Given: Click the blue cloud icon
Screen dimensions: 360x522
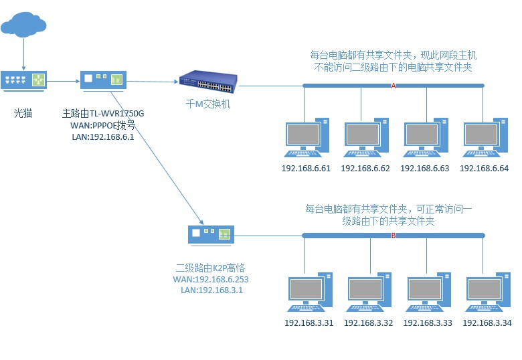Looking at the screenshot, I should (24, 24).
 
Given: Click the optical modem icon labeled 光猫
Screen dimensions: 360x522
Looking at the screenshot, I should (24, 80).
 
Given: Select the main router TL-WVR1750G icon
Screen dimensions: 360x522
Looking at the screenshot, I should (103, 80).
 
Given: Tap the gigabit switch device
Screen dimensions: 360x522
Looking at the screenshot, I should (207, 82).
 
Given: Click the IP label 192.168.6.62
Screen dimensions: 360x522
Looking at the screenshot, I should (365, 168).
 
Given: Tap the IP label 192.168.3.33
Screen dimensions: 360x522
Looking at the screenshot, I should (428, 323).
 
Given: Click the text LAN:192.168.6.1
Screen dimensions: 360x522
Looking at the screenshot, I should (103, 137).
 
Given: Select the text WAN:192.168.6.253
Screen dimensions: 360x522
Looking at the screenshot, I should (211, 278).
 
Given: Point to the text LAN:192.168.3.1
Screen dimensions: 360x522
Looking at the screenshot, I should (211, 290).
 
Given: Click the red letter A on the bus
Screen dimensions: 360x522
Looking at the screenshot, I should (394, 86).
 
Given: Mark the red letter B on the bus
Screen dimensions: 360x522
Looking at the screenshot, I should (394, 236).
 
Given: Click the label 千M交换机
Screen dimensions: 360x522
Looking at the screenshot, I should (209, 104).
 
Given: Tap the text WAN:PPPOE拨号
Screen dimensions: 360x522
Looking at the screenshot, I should (103, 126).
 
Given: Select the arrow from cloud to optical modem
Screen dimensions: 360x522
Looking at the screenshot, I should (24, 54).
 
